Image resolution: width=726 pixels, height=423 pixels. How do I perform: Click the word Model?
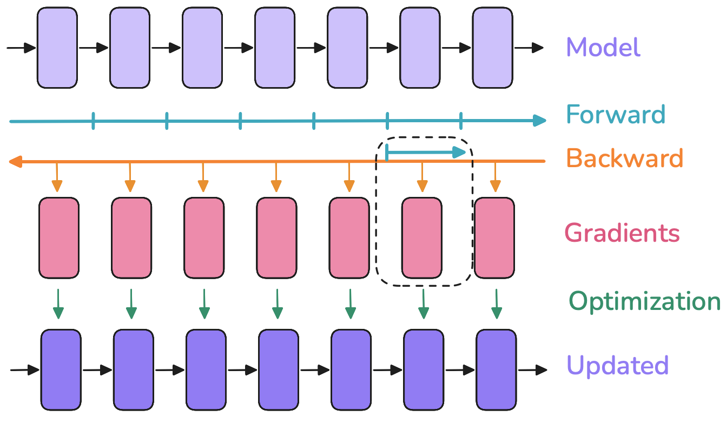click(x=603, y=47)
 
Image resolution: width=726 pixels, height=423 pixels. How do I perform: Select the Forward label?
click(x=616, y=114)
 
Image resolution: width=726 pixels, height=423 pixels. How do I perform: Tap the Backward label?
click(x=624, y=158)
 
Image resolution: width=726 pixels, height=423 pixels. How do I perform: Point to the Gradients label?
click(x=622, y=233)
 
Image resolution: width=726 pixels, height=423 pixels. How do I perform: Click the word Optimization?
click(x=644, y=302)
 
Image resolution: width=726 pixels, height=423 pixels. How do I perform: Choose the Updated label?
click(x=617, y=365)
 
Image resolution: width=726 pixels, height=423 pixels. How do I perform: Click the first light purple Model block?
click(x=57, y=48)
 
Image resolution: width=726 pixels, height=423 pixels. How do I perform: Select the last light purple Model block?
click(x=492, y=48)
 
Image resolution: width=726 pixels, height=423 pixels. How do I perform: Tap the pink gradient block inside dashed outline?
click(x=421, y=238)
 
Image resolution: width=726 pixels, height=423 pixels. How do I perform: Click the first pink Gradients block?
click(x=58, y=238)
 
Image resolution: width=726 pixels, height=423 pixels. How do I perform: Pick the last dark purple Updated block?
click(x=496, y=370)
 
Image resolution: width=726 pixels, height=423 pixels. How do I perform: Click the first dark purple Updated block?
click(x=61, y=370)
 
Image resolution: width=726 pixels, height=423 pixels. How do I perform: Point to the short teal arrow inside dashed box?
click(x=426, y=152)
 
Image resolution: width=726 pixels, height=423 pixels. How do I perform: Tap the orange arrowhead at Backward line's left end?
click(x=15, y=161)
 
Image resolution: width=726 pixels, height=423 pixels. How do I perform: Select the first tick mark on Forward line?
click(x=93, y=121)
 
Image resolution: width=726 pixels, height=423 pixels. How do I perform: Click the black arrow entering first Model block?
click(x=21, y=48)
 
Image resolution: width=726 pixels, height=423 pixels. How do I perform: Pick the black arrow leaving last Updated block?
click(x=532, y=370)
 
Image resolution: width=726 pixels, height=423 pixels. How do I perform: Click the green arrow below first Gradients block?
click(x=58, y=304)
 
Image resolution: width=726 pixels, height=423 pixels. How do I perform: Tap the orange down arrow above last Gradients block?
click(x=495, y=177)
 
